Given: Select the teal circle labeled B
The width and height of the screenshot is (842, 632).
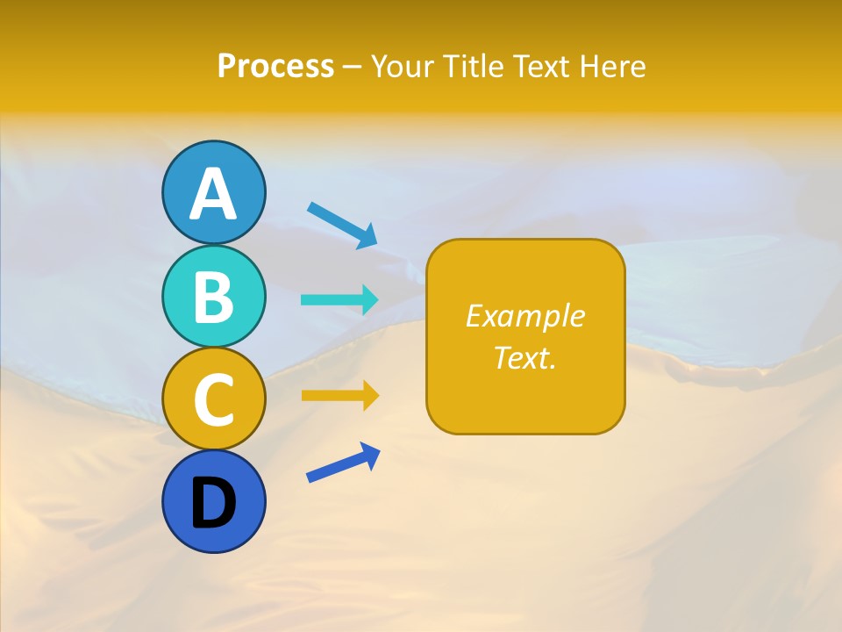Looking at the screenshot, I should (x=213, y=297).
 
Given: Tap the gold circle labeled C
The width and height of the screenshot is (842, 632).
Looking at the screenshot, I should (x=213, y=399).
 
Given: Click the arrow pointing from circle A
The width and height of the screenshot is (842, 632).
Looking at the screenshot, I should (x=342, y=225).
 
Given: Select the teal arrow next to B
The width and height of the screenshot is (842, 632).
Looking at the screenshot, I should (x=339, y=299).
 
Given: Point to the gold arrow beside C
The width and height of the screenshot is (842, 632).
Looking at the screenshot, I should (x=339, y=396).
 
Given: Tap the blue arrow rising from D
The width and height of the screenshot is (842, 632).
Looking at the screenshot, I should (x=343, y=463).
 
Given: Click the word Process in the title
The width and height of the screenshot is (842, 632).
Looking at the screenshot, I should (x=275, y=67).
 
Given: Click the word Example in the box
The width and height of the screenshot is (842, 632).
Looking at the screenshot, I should (x=525, y=316).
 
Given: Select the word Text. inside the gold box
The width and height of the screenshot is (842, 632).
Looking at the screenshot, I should (x=525, y=357).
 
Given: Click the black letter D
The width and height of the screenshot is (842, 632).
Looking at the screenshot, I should (x=213, y=504).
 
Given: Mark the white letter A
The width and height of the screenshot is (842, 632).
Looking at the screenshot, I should (x=213, y=193).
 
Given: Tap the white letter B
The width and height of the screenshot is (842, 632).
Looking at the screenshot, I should (x=213, y=297).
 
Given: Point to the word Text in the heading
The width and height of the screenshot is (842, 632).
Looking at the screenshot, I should (x=543, y=67).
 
